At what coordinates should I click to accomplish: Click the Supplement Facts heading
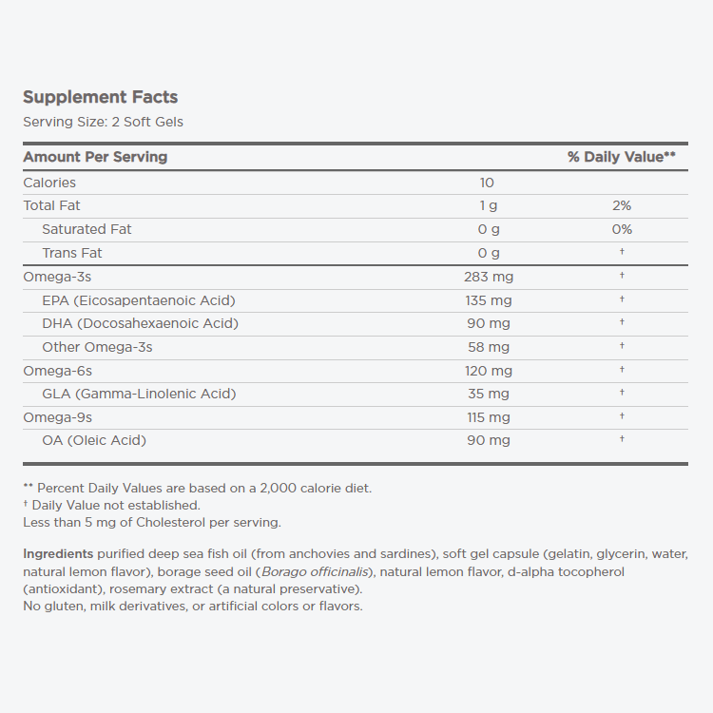click(100, 97)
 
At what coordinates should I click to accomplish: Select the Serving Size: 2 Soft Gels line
click(103, 122)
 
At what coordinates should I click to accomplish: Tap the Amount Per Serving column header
click(95, 157)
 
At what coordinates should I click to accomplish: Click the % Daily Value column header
click(621, 157)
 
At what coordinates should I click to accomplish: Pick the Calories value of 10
click(488, 183)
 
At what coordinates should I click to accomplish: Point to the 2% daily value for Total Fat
click(622, 205)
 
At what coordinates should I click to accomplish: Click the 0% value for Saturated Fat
click(622, 229)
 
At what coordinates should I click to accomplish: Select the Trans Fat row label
click(72, 253)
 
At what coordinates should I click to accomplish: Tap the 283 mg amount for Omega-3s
click(489, 277)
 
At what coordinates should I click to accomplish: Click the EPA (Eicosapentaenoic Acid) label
click(139, 300)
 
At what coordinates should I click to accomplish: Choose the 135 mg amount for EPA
click(489, 300)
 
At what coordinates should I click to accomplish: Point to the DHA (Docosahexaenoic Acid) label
click(140, 323)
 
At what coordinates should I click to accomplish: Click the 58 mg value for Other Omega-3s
click(489, 347)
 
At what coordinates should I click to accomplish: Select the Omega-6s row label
click(57, 371)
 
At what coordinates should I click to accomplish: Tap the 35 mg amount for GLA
click(489, 394)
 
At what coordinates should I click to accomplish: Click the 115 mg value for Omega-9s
click(489, 417)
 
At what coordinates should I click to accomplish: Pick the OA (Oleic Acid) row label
click(94, 440)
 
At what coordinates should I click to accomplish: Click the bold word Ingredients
click(58, 553)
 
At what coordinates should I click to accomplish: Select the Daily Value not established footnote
click(115, 505)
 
